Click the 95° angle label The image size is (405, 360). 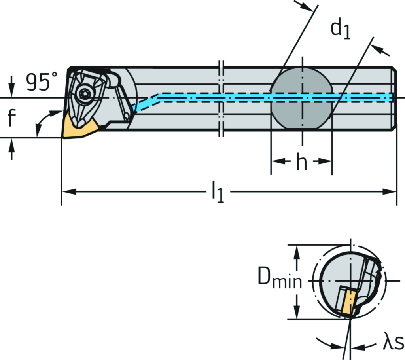[x=42, y=82]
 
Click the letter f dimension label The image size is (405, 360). [x=13, y=117]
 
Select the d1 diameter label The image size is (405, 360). [x=341, y=30]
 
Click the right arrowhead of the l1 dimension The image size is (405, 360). [x=392, y=192]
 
